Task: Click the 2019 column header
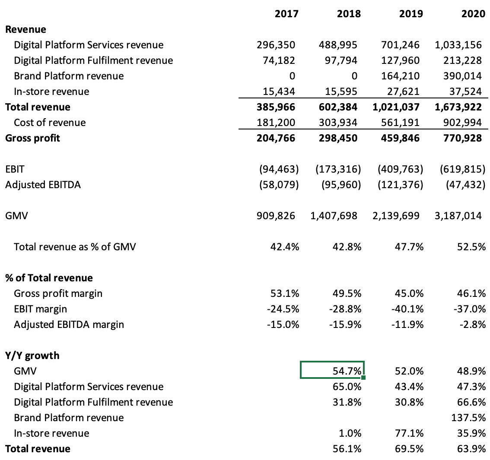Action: point(411,14)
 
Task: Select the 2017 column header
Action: point(286,14)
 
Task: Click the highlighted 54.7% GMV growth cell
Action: point(333,370)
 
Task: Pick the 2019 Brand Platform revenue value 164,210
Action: point(401,76)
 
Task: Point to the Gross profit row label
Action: point(33,138)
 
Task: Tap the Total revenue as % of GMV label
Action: point(75,247)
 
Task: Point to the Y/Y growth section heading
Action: point(32,356)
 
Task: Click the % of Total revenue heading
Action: point(49,278)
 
